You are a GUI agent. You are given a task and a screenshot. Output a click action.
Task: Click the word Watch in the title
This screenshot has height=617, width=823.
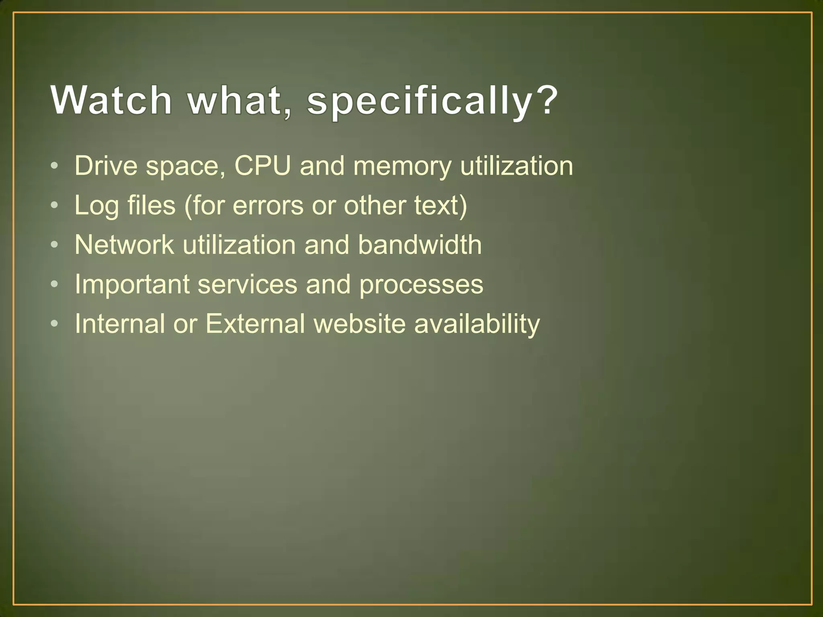tap(111, 100)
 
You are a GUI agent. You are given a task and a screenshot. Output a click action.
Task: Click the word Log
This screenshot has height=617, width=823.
tap(96, 206)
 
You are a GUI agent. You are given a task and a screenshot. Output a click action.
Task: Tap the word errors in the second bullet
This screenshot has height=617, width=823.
tap(268, 205)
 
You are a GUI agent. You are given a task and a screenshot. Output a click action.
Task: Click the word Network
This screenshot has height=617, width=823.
tap(124, 245)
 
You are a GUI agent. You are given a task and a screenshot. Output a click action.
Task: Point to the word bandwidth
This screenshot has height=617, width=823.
tap(420, 245)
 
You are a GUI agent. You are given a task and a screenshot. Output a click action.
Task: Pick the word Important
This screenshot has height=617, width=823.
tap(132, 284)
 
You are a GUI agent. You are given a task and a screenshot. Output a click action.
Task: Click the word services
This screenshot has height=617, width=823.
tap(247, 284)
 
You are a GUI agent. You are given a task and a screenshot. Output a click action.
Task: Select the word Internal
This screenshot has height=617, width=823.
tap(120, 323)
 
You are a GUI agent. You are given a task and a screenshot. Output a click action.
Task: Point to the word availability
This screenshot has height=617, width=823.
tap(477, 324)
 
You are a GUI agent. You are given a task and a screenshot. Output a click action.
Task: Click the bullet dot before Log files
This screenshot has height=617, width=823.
tap(55, 205)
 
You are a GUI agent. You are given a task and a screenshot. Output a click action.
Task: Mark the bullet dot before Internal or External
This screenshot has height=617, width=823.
tap(55, 323)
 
